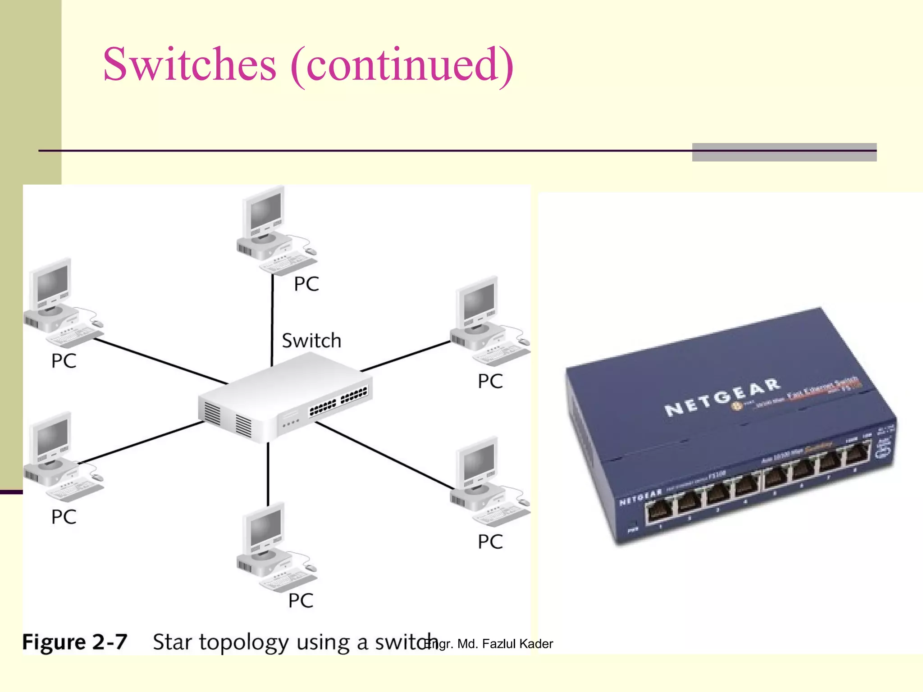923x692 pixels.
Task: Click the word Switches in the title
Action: [189, 64]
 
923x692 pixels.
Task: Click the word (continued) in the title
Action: [402, 65]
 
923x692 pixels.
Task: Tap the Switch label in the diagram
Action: [311, 341]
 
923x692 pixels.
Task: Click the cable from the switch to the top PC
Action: [272, 320]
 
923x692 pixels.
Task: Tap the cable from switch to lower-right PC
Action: [383, 455]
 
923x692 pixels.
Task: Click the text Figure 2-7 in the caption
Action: [75, 642]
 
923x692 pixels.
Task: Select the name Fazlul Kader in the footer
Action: [517, 644]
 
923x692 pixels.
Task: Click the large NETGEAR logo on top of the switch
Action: [721, 396]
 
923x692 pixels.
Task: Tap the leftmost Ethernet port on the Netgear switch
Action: [659, 513]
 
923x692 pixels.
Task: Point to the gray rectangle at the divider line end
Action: [784, 152]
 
